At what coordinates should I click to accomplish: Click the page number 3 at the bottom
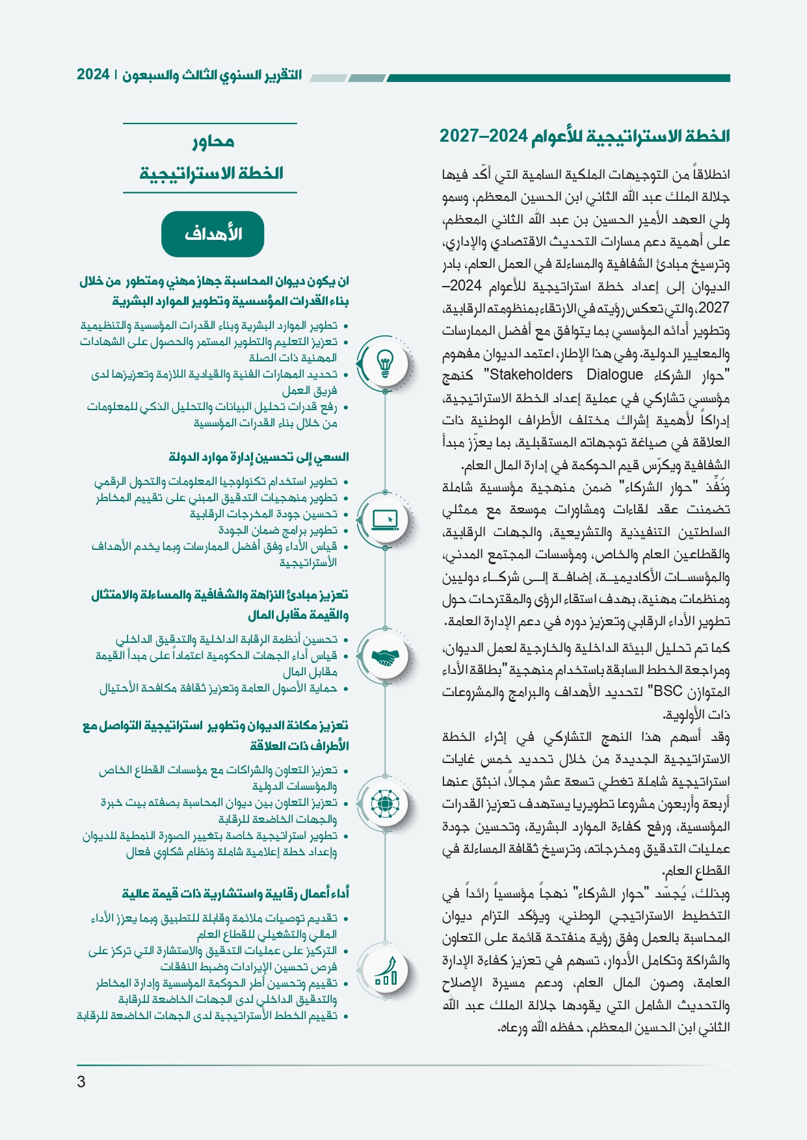81,1082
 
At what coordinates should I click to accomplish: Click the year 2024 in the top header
93,75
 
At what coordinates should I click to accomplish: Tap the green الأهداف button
213,234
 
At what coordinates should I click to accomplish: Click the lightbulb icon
385,363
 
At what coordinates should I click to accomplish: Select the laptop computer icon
385,520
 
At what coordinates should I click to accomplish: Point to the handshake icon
385,658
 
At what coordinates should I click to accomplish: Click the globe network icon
385,805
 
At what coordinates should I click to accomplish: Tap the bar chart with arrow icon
385,972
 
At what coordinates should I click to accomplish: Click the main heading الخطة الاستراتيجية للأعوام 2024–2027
585,136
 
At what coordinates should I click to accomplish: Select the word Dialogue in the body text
615,375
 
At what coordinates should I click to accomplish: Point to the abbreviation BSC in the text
667,692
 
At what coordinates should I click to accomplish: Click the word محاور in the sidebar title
213,141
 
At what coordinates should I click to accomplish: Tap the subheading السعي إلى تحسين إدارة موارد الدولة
259,458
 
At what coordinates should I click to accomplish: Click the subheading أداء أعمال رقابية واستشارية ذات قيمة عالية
235,894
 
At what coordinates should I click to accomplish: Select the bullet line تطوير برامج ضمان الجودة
278,530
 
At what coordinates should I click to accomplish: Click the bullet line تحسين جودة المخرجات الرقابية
263,514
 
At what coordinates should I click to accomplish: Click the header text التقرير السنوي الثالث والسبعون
213,75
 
